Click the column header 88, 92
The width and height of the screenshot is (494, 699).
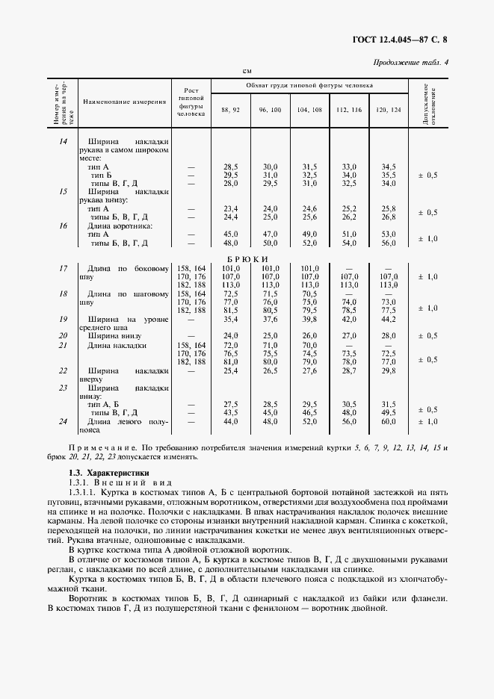pos(230,110)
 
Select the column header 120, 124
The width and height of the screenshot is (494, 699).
pos(388,110)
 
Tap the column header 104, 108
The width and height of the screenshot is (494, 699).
pos(309,110)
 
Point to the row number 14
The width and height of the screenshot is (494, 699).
pos(63,141)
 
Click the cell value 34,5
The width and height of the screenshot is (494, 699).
pos(388,167)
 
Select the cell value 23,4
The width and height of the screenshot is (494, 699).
pos(230,208)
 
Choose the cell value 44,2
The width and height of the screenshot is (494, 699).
pos(388,320)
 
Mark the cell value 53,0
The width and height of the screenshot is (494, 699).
pos(388,234)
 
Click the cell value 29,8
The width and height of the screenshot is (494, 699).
pos(388,370)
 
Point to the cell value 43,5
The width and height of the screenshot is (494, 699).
pos(230,412)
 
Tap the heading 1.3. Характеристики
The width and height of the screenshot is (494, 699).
pos(108,473)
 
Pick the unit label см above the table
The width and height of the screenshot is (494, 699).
pos(247,71)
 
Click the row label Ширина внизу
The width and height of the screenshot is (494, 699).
pos(113,335)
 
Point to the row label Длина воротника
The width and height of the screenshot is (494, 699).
pos(120,226)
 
